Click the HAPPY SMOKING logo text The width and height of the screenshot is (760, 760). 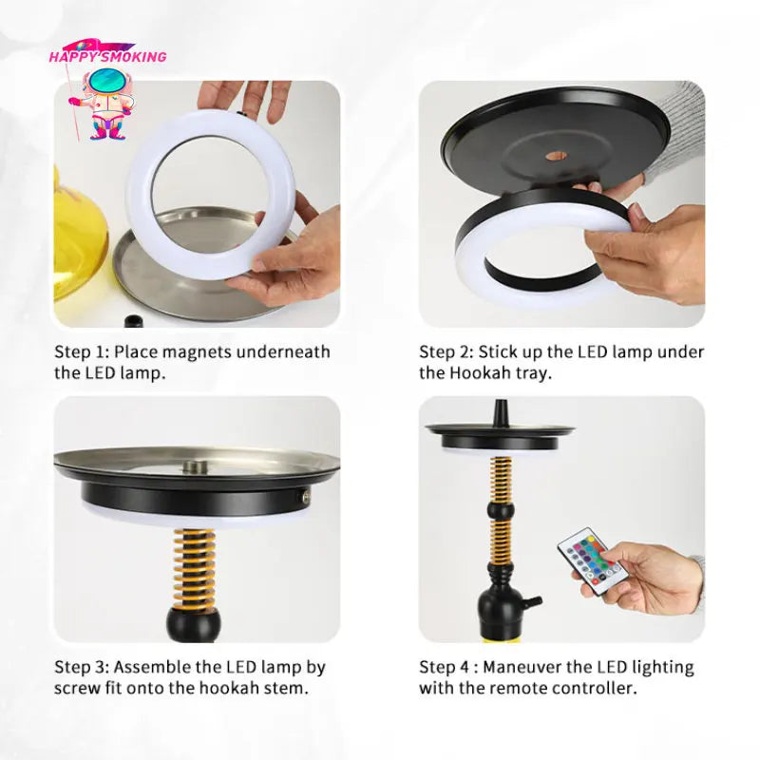(x=107, y=56)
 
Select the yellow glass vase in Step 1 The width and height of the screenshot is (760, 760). (x=76, y=247)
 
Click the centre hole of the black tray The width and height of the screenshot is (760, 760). (x=557, y=155)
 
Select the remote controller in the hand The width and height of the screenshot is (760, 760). (x=589, y=560)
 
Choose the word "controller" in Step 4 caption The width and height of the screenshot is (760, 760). (x=591, y=688)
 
